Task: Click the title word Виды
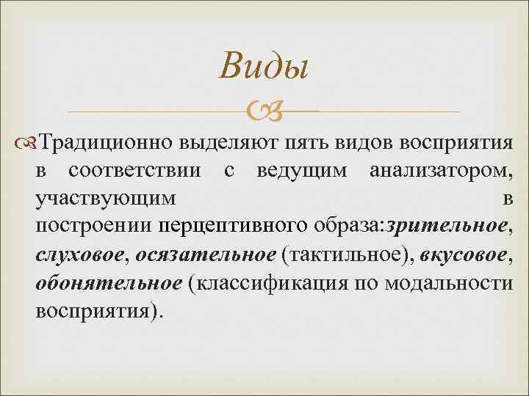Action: [x=264, y=68]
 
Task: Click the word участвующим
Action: [x=106, y=199]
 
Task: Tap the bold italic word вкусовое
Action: [x=466, y=254]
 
